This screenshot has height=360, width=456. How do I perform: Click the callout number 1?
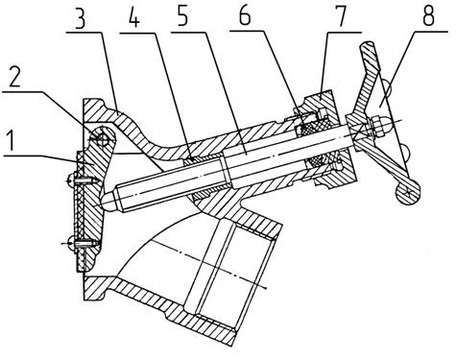11,141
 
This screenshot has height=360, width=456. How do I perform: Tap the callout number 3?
80,17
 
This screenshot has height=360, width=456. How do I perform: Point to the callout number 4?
134,16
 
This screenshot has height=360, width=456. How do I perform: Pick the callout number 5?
182,17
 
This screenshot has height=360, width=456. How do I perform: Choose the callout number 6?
245,16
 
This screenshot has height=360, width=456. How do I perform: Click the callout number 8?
428,16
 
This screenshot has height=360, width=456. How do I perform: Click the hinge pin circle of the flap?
101,138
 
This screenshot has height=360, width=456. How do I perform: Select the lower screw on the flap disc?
81,244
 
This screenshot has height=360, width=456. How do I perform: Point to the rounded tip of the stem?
108,201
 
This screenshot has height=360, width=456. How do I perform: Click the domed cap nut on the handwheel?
380,125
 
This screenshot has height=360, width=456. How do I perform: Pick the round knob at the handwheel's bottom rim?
407,192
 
